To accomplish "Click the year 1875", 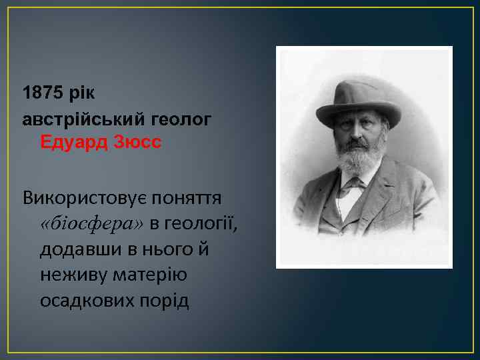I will tap(41, 92).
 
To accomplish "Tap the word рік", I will tap(81, 92).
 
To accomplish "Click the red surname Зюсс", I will tap(137, 143).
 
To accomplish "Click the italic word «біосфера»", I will tap(92, 223).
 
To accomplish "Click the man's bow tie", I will tap(354, 184).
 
